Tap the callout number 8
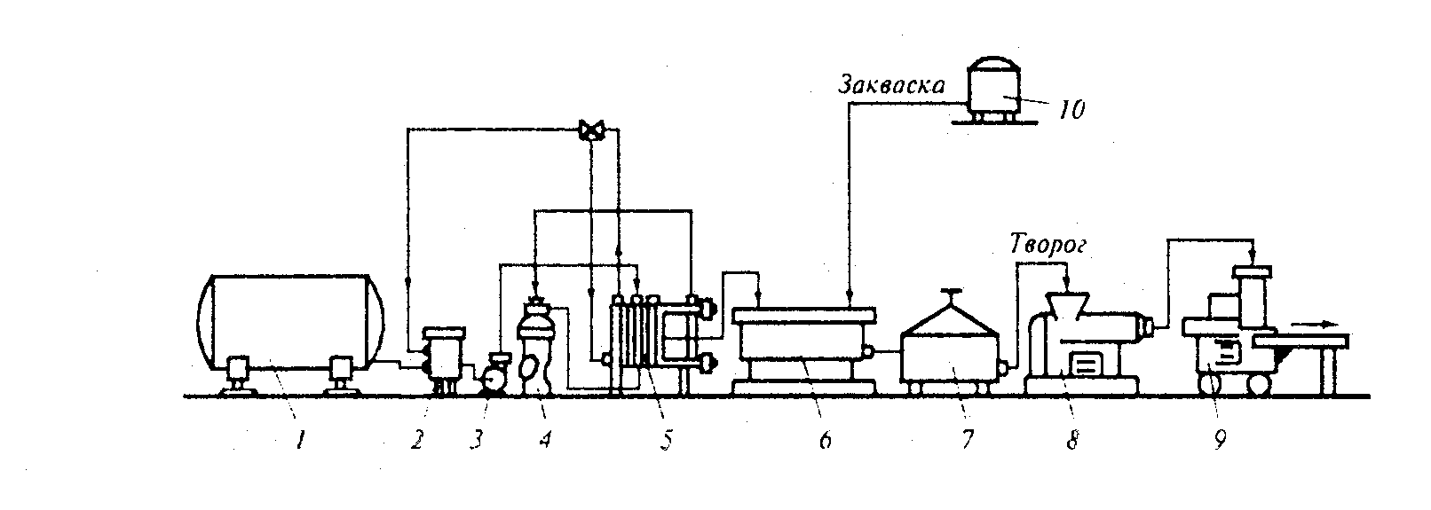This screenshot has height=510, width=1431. point(1071,439)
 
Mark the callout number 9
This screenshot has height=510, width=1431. point(1221,438)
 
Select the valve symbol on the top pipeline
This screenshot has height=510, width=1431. point(590,130)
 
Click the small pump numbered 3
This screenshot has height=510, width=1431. point(494,376)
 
